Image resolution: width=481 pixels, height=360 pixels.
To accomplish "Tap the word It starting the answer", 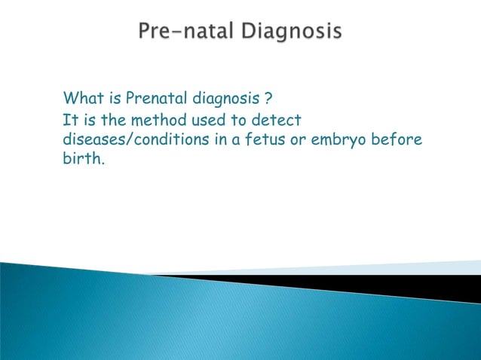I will pos(70,120).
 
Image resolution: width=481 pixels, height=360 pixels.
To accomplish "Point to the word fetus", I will pos(272,141).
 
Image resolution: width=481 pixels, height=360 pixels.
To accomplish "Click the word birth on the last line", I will pos(81,161).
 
